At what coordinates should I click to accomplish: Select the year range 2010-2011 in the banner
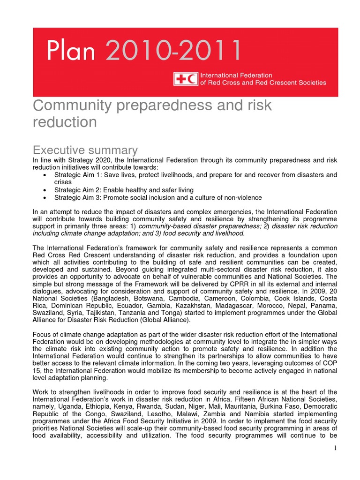[x=173, y=51]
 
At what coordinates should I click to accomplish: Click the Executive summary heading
[x=85, y=150]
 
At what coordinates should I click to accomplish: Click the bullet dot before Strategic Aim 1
[x=44, y=175]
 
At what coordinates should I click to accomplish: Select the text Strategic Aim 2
[x=77, y=190]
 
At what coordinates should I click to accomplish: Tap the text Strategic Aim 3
[x=77, y=197]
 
